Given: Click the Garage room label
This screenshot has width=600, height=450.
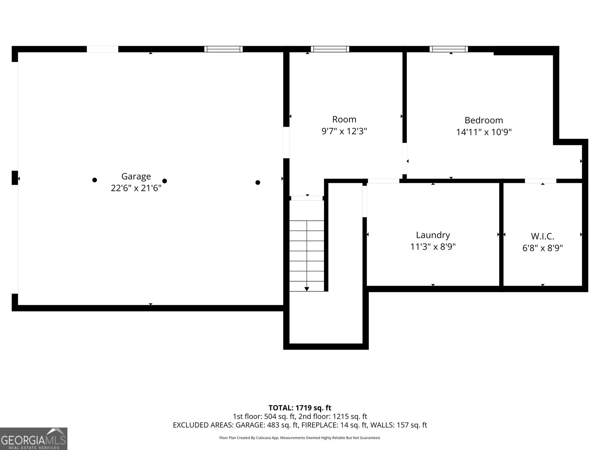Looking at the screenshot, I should click(x=136, y=176).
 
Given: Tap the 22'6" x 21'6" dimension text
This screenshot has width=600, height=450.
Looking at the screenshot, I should click(x=136, y=188).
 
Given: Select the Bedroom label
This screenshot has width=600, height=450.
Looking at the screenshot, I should click(x=484, y=120).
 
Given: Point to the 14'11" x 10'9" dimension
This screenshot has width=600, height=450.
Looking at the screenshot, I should click(x=484, y=132).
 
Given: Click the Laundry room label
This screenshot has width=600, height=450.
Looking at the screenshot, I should click(x=433, y=235).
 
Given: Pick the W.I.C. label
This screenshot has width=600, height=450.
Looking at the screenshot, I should click(x=542, y=236).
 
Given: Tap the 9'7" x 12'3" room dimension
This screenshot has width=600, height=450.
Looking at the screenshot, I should click(x=344, y=131).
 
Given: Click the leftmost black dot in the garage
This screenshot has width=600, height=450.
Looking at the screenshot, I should click(x=94, y=180).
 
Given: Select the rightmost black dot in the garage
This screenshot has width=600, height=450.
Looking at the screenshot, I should click(x=258, y=183).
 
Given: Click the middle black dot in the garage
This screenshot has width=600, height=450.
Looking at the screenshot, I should click(x=164, y=181).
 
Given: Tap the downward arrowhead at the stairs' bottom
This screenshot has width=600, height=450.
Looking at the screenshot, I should click(x=307, y=289).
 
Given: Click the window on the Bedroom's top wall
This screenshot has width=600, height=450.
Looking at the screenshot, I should click(x=448, y=49).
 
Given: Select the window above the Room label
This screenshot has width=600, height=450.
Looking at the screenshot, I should click(x=330, y=49).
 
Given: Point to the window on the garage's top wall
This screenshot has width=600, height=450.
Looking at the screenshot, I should click(x=223, y=49).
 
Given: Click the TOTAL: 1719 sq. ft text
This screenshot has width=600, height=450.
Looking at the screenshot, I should click(x=300, y=408).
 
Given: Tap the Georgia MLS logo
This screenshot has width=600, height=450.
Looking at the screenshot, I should click(x=33, y=438).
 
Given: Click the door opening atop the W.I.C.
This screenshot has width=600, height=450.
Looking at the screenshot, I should click(x=540, y=181).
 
